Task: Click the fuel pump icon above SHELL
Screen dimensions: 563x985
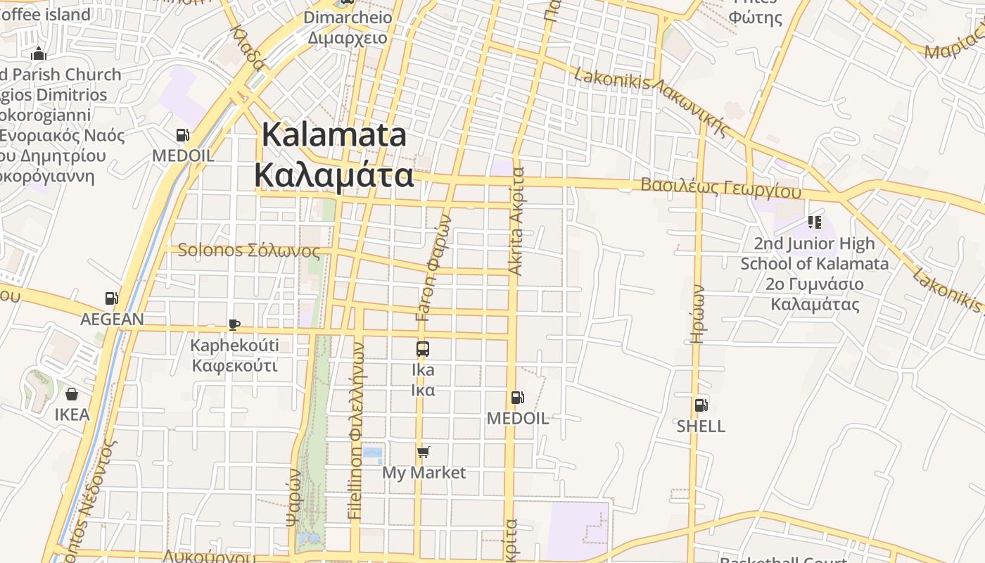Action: (x=701, y=405)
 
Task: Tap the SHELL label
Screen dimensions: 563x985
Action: (x=701, y=426)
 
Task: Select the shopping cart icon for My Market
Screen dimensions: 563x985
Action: (x=423, y=452)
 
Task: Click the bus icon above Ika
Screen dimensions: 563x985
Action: (x=423, y=348)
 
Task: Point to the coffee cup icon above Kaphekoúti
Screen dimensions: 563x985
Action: (x=234, y=324)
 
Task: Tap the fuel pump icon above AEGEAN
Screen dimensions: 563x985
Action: (x=111, y=298)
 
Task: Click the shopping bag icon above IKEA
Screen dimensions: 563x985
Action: (x=72, y=394)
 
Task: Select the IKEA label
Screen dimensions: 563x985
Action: (x=72, y=415)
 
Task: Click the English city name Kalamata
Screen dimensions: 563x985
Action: (x=334, y=134)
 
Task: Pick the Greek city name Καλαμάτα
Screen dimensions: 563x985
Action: (x=334, y=175)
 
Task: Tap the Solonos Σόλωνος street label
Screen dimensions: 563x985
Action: (x=249, y=251)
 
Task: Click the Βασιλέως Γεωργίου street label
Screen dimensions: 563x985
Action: (x=720, y=188)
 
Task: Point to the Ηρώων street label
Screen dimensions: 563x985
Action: (x=697, y=313)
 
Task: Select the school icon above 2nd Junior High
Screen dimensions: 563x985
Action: (x=815, y=222)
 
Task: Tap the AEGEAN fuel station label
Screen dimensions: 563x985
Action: (x=112, y=319)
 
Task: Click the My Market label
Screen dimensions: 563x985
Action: (x=424, y=472)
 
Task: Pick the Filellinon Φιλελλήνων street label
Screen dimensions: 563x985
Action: (x=356, y=431)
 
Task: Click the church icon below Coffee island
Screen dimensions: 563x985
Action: (x=38, y=53)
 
